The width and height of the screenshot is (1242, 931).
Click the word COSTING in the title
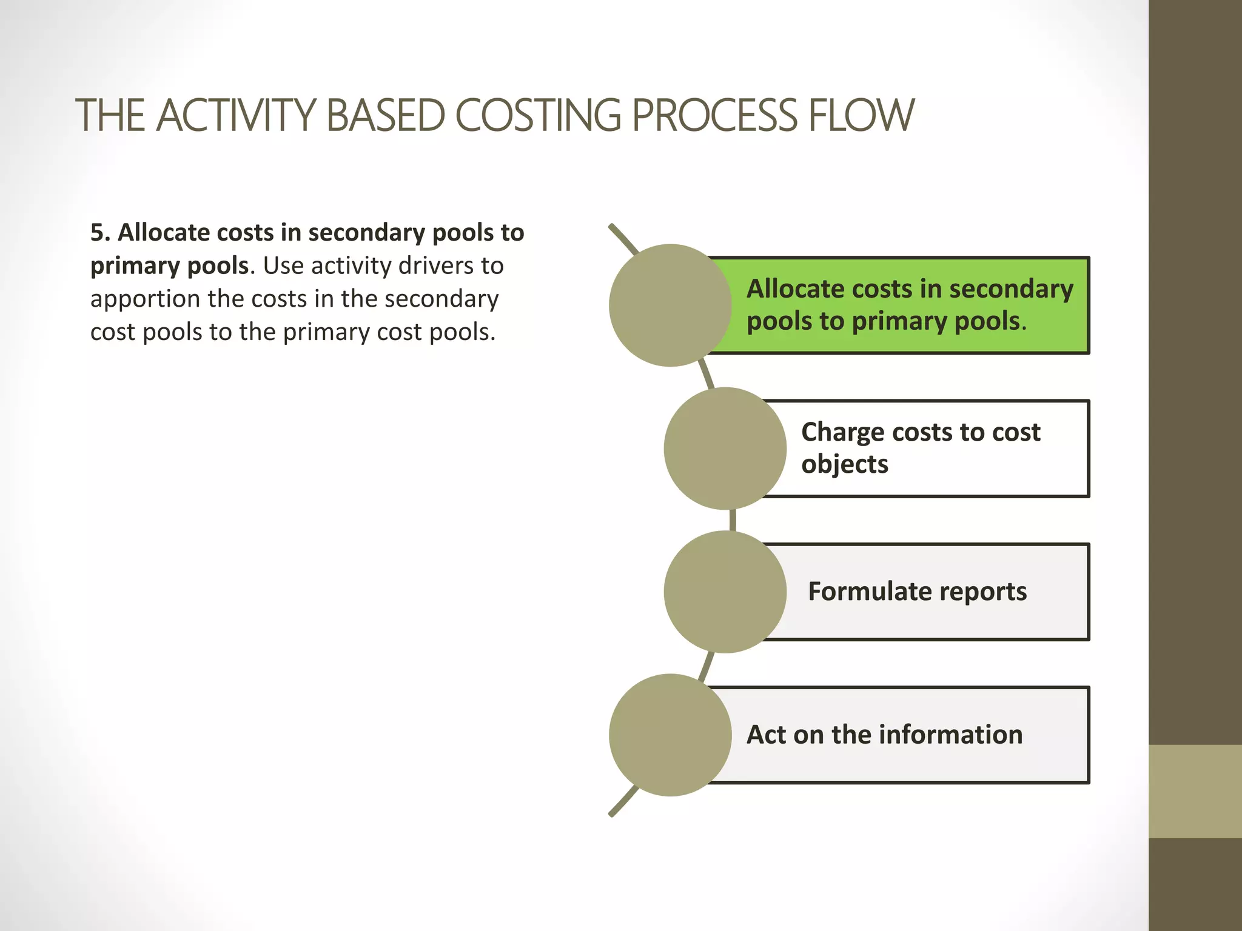[x=537, y=115]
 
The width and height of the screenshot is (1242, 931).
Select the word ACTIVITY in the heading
[x=237, y=115]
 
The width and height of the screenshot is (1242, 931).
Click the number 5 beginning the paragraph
[x=97, y=233]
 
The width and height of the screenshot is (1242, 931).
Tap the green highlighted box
[x=910, y=305]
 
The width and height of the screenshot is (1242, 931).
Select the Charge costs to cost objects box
[x=934, y=449]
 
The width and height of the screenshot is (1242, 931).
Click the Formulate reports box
[x=934, y=592]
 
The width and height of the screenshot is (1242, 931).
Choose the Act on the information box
[x=910, y=735]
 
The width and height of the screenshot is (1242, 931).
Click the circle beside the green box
[x=670, y=305]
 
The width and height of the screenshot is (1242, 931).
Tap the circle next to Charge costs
[x=725, y=449]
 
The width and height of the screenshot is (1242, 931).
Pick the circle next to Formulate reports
[x=725, y=592]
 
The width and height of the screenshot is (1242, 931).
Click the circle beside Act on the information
[x=670, y=735]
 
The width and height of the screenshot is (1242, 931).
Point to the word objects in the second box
[x=844, y=465]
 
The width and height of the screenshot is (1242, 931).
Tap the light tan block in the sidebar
[x=1195, y=791]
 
